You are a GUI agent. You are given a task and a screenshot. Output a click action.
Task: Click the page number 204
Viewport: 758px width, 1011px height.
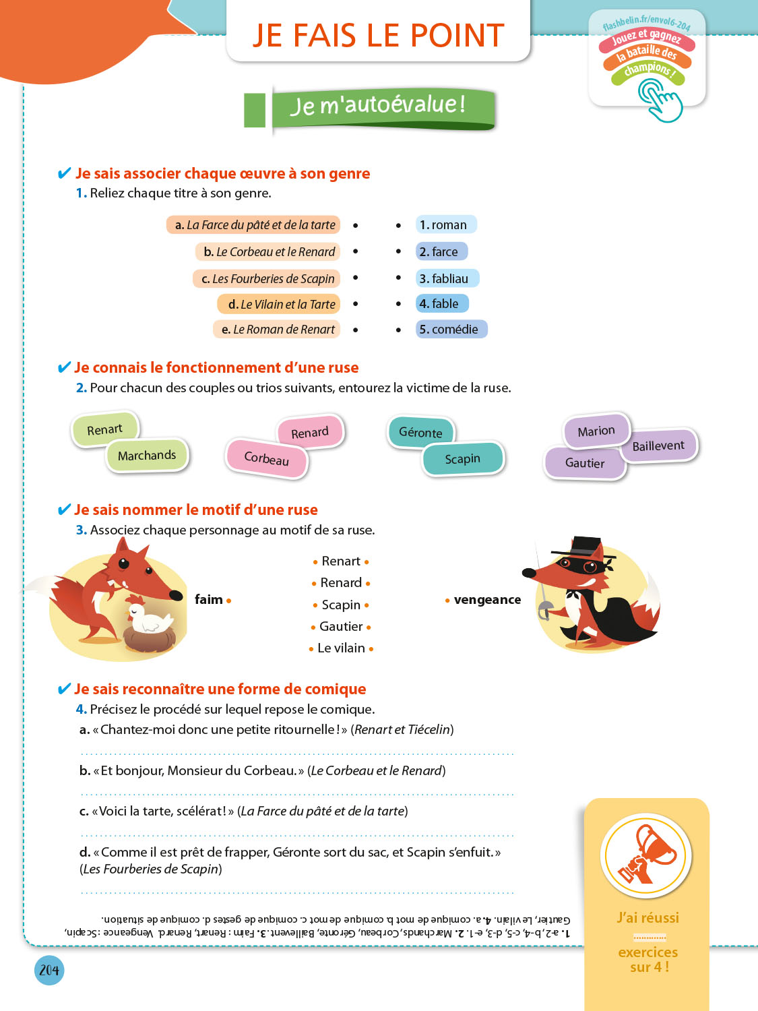pos(49,970)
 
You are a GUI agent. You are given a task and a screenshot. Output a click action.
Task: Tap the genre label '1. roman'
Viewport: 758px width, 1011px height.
pos(445,224)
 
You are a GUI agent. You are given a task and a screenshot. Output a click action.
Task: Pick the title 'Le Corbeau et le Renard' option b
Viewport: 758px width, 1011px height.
pos(269,252)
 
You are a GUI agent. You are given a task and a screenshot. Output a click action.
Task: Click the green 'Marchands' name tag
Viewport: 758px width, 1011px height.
pos(147,456)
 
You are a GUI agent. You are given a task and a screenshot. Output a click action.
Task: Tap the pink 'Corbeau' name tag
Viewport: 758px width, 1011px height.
pos(267,458)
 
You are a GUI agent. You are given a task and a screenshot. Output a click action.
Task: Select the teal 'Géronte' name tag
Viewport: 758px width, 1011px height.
pos(421,433)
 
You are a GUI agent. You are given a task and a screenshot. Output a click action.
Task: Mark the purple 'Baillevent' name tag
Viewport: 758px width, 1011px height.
pos(658,446)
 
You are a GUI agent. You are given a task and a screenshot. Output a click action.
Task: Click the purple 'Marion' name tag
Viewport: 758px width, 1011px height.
pos(596,431)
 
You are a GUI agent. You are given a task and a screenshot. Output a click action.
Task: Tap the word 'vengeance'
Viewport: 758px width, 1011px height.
pos(487,600)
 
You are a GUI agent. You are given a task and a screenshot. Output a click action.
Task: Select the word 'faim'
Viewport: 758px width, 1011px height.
pos(209,600)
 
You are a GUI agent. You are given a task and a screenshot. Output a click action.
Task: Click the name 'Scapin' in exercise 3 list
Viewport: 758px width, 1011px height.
pos(341,605)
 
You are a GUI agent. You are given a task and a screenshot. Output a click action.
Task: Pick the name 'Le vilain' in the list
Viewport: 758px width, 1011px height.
pos(341,648)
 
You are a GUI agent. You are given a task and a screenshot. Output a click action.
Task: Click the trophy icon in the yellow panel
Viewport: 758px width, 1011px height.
pos(646,855)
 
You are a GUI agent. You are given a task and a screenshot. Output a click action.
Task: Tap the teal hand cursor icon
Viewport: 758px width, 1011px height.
pos(659,100)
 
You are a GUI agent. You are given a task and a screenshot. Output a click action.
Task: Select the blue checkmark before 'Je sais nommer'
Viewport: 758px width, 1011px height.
pos(64,510)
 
